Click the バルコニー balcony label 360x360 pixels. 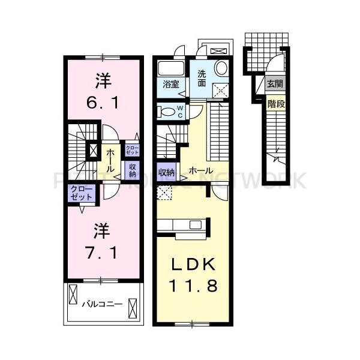coord(103,304)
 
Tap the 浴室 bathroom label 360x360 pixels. coord(171,85)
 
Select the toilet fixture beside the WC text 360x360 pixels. coord(166,112)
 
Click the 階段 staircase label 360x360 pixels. coord(276,103)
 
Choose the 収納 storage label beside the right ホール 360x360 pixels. coord(166,172)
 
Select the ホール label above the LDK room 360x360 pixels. coord(200,171)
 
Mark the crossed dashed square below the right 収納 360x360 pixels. coord(164,192)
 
